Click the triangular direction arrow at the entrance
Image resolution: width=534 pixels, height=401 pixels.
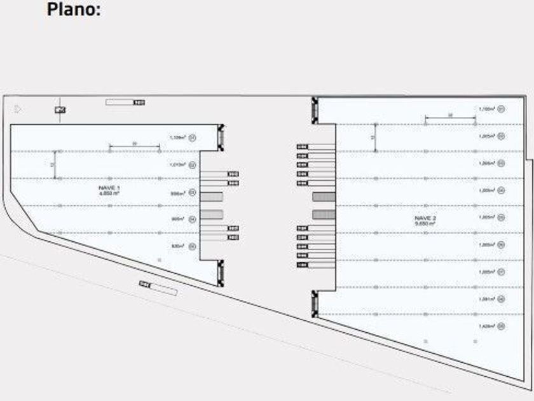point(18,109)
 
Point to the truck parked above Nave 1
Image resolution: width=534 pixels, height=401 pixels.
point(125,102)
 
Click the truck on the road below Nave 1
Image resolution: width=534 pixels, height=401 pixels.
point(158,288)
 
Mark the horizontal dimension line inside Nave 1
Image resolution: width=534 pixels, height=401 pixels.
point(134,148)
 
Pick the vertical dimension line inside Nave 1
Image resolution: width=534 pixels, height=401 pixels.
point(54,164)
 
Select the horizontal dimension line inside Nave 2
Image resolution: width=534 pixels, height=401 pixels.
point(450,118)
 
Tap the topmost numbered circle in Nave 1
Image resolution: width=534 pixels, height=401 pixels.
point(193,137)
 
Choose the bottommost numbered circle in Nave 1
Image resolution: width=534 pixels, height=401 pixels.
point(193,246)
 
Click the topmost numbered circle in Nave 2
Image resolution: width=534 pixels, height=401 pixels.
point(502,109)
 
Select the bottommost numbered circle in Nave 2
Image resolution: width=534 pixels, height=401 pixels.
point(502,326)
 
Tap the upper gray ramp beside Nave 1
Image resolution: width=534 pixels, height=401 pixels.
point(212,196)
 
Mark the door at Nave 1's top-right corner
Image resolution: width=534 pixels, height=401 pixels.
point(221,135)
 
